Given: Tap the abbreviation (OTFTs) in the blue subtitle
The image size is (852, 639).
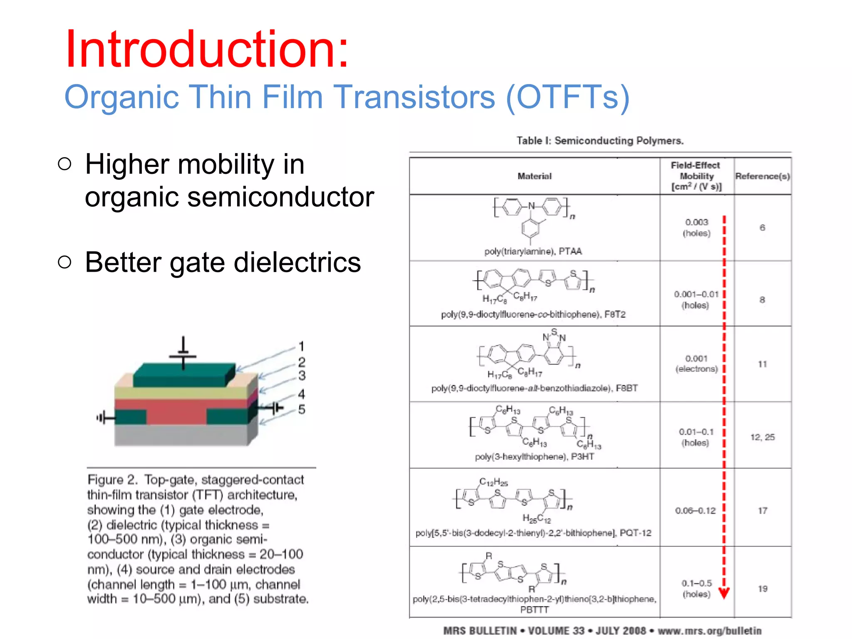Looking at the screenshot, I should tap(567, 97).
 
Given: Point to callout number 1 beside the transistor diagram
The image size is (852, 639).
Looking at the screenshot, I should tap(301, 346).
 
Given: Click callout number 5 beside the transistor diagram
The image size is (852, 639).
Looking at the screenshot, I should tap(302, 409).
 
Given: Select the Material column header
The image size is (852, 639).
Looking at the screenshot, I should tap(534, 176).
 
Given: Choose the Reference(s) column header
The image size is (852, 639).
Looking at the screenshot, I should tap(762, 176).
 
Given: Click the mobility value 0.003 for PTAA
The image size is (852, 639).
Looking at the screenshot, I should tap(696, 222).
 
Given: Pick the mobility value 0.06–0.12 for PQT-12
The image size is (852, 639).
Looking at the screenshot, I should tap(695, 510).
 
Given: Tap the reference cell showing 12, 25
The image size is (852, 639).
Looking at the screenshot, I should tap(762, 437).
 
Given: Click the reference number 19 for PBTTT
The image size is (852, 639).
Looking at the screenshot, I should tap(762, 589).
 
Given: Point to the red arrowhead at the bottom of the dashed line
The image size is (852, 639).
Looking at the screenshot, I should tap(724, 593).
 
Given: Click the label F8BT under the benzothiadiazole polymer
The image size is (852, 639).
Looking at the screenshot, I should tap(627, 388).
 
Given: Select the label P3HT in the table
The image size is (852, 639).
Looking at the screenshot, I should tap(582, 457).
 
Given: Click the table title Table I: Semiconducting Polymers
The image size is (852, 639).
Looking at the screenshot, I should tap(600, 141).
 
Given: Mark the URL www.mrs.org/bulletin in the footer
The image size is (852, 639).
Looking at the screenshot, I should tap(709, 631).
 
